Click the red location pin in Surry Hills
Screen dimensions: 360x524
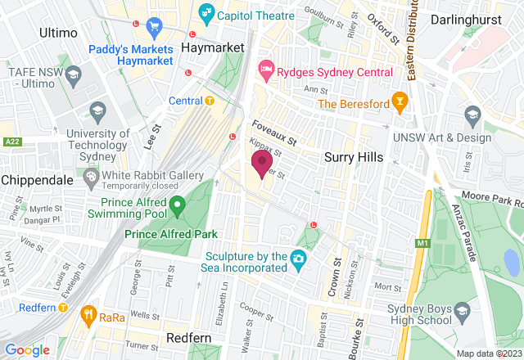coord(262,163)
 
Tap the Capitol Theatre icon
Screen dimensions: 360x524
coord(206,14)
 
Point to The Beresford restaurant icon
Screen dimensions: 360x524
coord(400,103)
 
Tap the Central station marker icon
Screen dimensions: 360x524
coord(210,101)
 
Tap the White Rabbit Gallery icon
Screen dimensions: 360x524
coord(91,177)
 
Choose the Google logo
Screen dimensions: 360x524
coord(28,350)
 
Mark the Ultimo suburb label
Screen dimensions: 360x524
coord(58,33)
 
